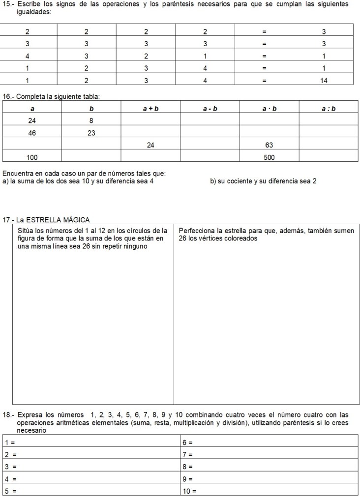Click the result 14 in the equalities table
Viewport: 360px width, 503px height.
(x=324, y=80)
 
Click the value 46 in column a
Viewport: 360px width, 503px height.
(x=32, y=133)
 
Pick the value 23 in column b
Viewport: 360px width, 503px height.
(x=91, y=133)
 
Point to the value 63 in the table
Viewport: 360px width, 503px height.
(x=269, y=145)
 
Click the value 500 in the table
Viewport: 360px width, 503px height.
(x=269, y=157)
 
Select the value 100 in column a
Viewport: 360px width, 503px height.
(x=32, y=157)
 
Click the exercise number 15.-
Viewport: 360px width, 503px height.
(x=9, y=4)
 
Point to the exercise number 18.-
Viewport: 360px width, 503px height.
(x=9, y=414)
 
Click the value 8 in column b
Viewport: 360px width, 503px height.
(x=91, y=120)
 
